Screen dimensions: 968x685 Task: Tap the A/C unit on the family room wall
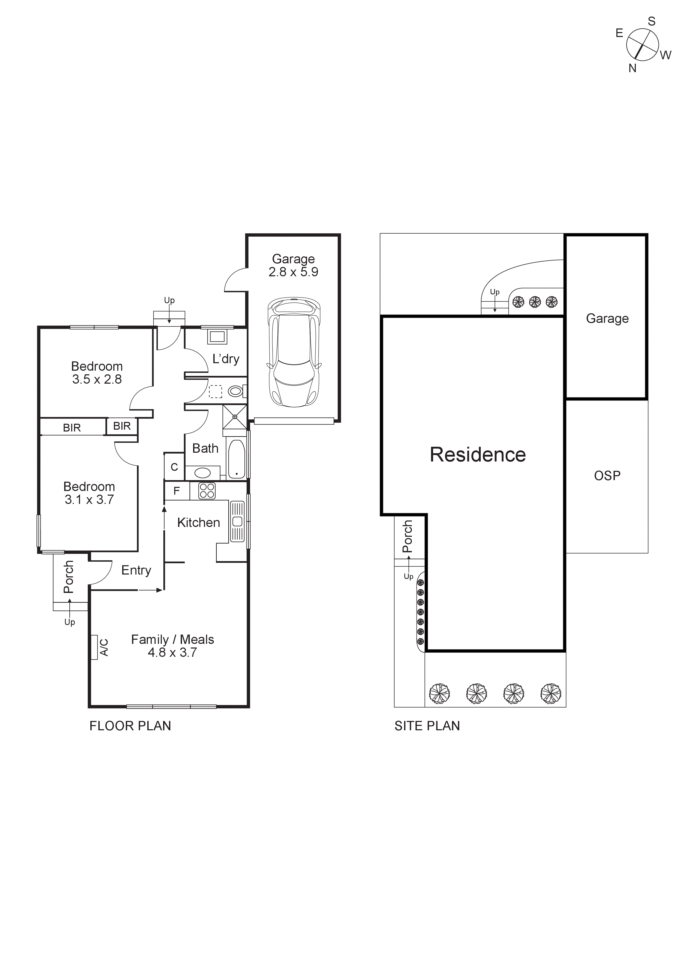pyautogui.click(x=94, y=647)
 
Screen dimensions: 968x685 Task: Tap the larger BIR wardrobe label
pyautogui.click(x=72, y=428)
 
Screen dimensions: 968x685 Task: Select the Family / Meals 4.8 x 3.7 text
pyautogui.click(x=172, y=646)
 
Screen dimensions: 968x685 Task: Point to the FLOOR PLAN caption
pyautogui.click(x=130, y=726)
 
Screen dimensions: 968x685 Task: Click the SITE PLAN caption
pyautogui.click(x=427, y=726)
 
